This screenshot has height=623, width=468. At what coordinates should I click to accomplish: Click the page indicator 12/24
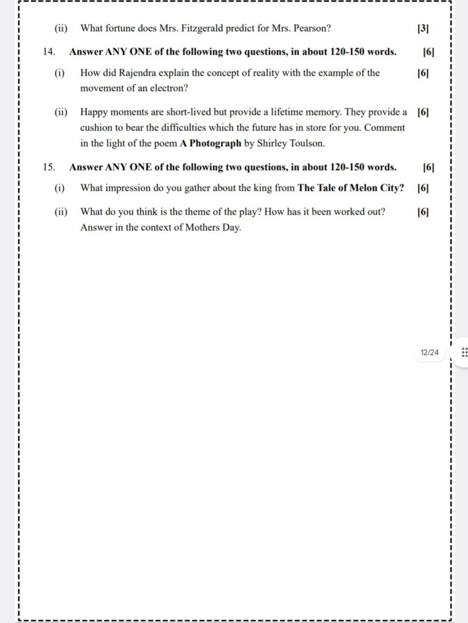coord(429,352)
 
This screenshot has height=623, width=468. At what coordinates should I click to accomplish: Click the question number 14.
coord(49,52)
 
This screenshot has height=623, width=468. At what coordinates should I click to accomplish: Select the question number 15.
coord(49,167)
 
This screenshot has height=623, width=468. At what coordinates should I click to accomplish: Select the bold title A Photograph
coord(211,144)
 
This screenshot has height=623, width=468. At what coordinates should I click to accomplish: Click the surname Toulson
coord(307,144)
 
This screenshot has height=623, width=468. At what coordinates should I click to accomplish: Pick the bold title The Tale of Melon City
coord(351,188)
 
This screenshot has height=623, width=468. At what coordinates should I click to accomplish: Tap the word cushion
coord(96,128)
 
